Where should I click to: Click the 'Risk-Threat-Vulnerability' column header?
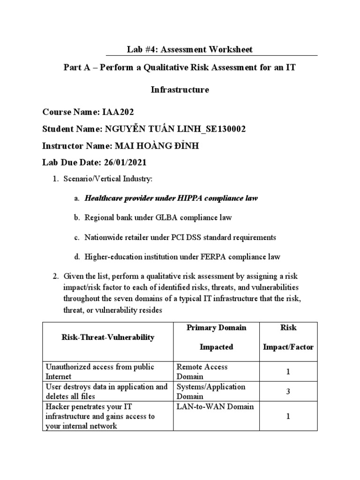(107, 337)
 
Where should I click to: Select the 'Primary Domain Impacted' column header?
(216, 337)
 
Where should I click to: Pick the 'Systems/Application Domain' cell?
(210, 391)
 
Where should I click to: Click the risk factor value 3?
(288, 391)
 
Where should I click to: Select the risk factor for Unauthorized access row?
(288, 371)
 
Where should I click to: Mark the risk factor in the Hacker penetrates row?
(288, 416)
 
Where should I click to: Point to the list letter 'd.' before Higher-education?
(76, 257)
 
